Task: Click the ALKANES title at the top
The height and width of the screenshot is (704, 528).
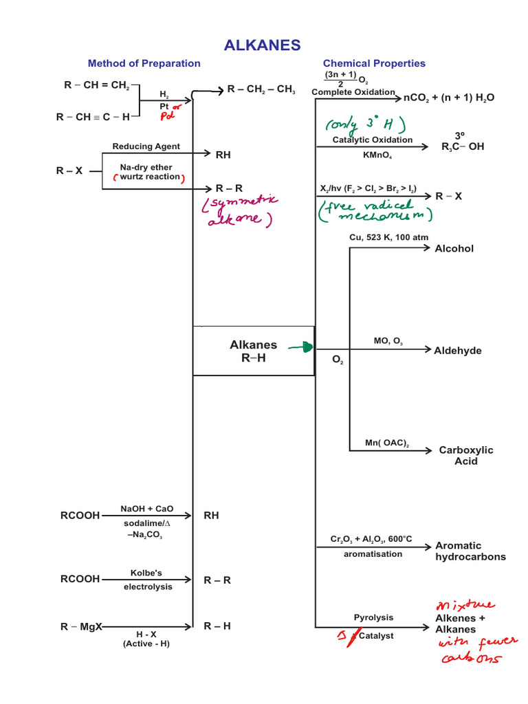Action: tap(262, 45)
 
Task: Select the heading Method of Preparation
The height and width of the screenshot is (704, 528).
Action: tap(144, 63)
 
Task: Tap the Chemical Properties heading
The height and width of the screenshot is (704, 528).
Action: tap(374, 63)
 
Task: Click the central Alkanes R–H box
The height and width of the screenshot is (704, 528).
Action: tap(254, 351)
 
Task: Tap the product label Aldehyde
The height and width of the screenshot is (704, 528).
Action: tap(458, 351)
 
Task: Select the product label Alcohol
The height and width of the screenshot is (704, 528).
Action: tap(454, 248)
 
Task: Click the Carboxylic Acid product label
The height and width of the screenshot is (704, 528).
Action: tap(466, 455)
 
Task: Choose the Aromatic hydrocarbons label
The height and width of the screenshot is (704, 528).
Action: tap(470, 551)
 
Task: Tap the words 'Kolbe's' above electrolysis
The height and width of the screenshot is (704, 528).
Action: tap(146, 572)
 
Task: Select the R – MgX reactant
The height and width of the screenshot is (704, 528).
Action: tap(81, 626)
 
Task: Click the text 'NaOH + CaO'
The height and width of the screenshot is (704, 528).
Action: tap(147, 509)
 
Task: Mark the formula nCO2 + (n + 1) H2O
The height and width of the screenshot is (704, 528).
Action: tap(448, 98)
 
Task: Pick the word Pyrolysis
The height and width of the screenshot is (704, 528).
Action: tap(373, 617)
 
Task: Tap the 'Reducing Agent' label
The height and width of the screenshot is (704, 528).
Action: tap(146, 146)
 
